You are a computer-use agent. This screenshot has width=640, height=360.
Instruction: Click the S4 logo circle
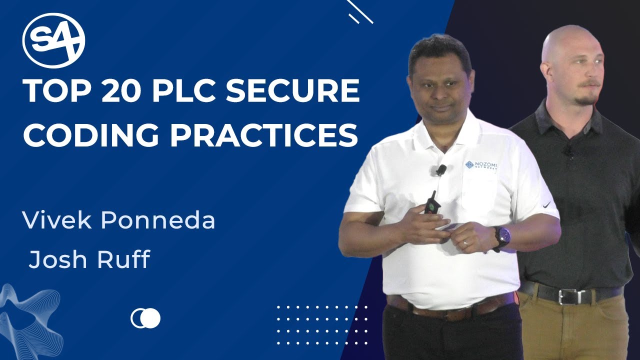(53, 40)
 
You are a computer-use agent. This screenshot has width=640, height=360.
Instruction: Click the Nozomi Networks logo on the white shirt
(481, 165)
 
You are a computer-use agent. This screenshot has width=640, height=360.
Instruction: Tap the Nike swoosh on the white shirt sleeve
(546, 204)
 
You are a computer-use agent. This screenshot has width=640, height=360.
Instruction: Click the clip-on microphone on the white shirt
(440, 170)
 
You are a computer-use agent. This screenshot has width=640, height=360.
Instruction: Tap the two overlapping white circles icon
(145, 318)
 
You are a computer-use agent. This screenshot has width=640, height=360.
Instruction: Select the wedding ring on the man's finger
(465, 244)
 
